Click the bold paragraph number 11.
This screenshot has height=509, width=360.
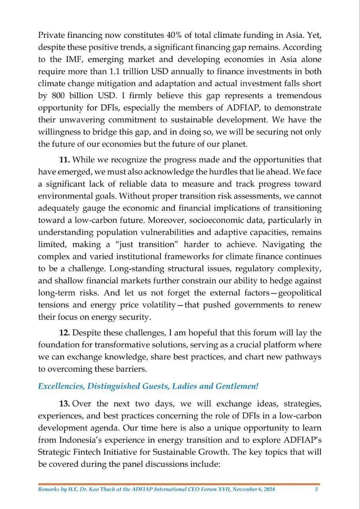(64, 160)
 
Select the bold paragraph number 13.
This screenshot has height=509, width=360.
(65, 404)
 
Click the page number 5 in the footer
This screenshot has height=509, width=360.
(316, 490)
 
